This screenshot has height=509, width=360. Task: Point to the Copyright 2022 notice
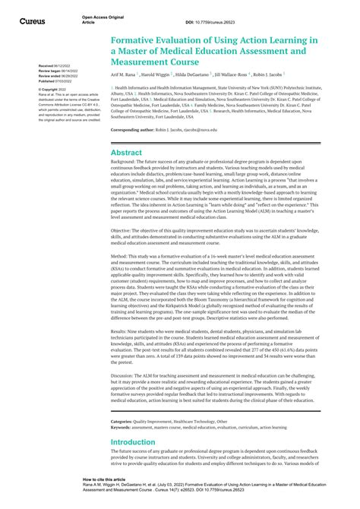pyautogui.click(x=52, y=89)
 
